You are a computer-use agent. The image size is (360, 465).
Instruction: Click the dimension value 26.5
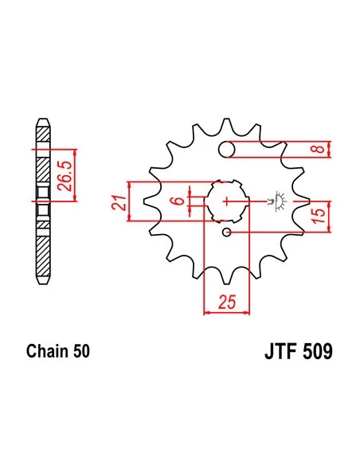64,176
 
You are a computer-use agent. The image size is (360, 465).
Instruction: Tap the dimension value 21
119,202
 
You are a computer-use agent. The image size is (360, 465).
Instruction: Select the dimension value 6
178,201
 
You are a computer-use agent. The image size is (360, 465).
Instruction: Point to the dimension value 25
227,302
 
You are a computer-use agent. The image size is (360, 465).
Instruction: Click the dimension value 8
319,148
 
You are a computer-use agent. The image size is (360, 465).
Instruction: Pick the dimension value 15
319,217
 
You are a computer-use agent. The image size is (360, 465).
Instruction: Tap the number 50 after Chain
80,351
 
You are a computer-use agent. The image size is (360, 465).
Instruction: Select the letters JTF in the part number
281,351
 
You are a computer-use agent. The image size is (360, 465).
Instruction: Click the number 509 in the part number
318,351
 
